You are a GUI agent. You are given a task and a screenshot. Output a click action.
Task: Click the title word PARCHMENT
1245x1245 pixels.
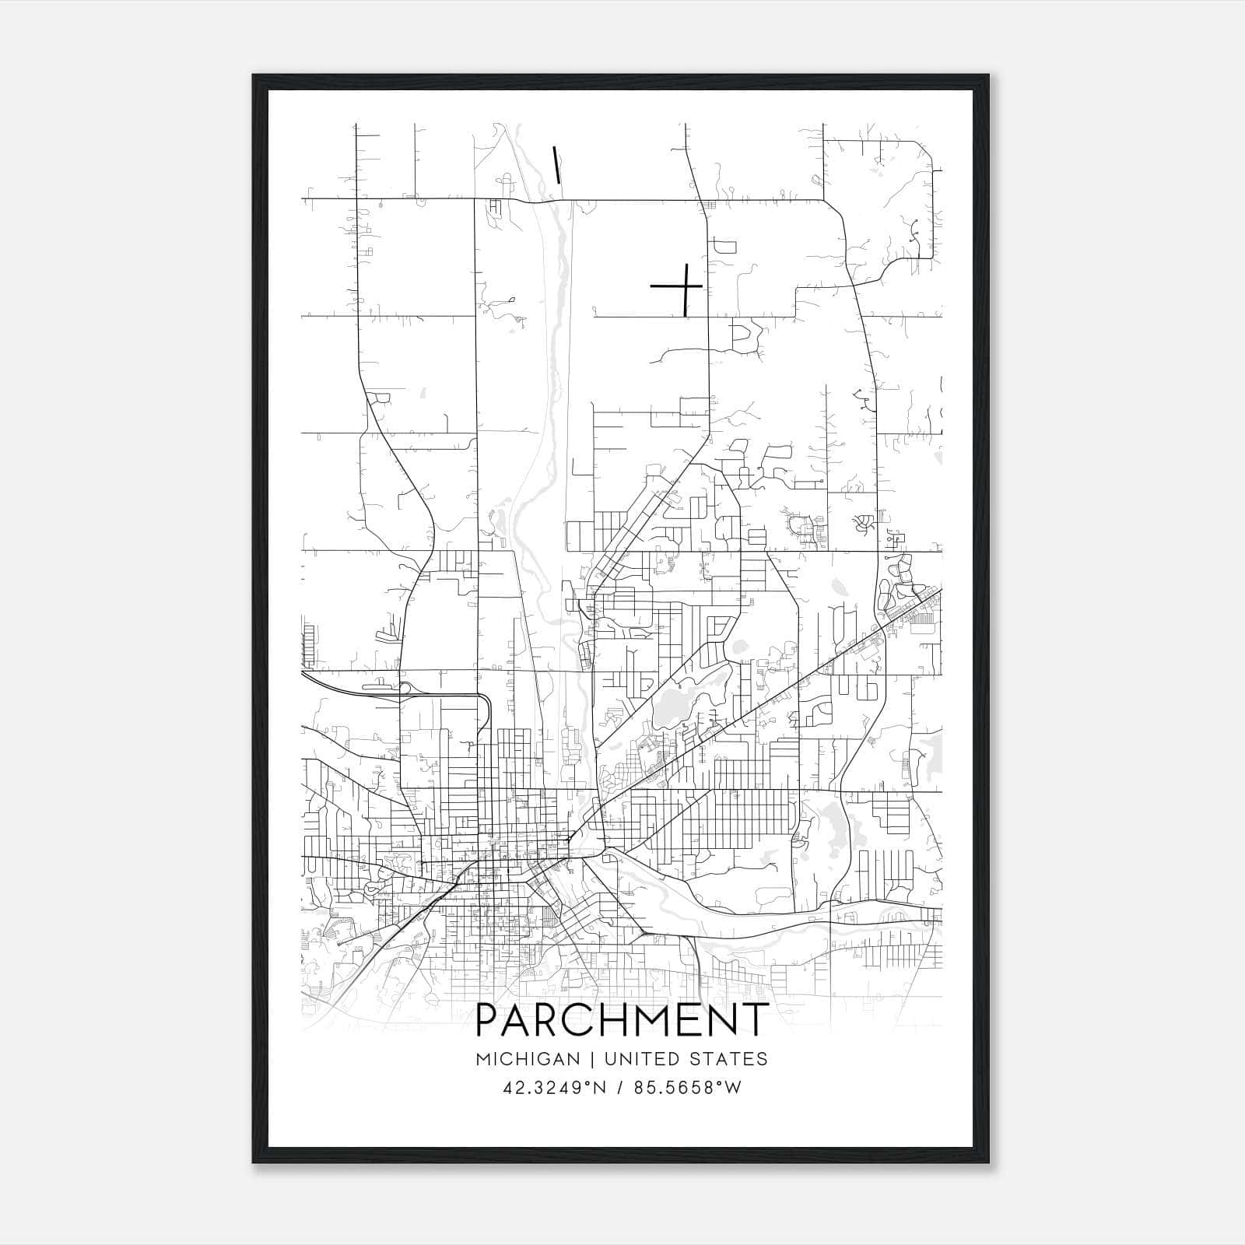click(x=622, y=1019)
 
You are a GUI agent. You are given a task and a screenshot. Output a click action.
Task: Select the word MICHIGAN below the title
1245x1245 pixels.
click(x=528, y=1058)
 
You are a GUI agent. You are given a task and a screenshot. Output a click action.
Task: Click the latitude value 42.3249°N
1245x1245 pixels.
click(x=554, y=1087)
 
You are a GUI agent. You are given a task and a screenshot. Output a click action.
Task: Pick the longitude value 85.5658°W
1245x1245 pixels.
click(x=688, y=1087)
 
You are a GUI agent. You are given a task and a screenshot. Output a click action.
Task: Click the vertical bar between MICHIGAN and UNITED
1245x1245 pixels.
click(x=592, y=1058)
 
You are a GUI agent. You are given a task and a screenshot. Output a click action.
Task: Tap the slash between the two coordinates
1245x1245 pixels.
click(x=619, y=1087)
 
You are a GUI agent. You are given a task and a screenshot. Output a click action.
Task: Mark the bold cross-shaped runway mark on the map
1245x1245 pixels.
click(x=682, y=287)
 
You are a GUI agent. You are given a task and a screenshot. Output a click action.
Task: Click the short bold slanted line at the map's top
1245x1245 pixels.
click(x=556, y=164)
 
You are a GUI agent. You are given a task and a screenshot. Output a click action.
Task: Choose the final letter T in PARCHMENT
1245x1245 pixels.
click(x=753, y=1019)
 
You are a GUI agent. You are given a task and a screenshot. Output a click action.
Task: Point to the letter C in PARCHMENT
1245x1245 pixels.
click(x=585, y=1019)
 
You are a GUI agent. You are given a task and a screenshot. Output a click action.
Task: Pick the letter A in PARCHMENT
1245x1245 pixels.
click(x=520, y=1019)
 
